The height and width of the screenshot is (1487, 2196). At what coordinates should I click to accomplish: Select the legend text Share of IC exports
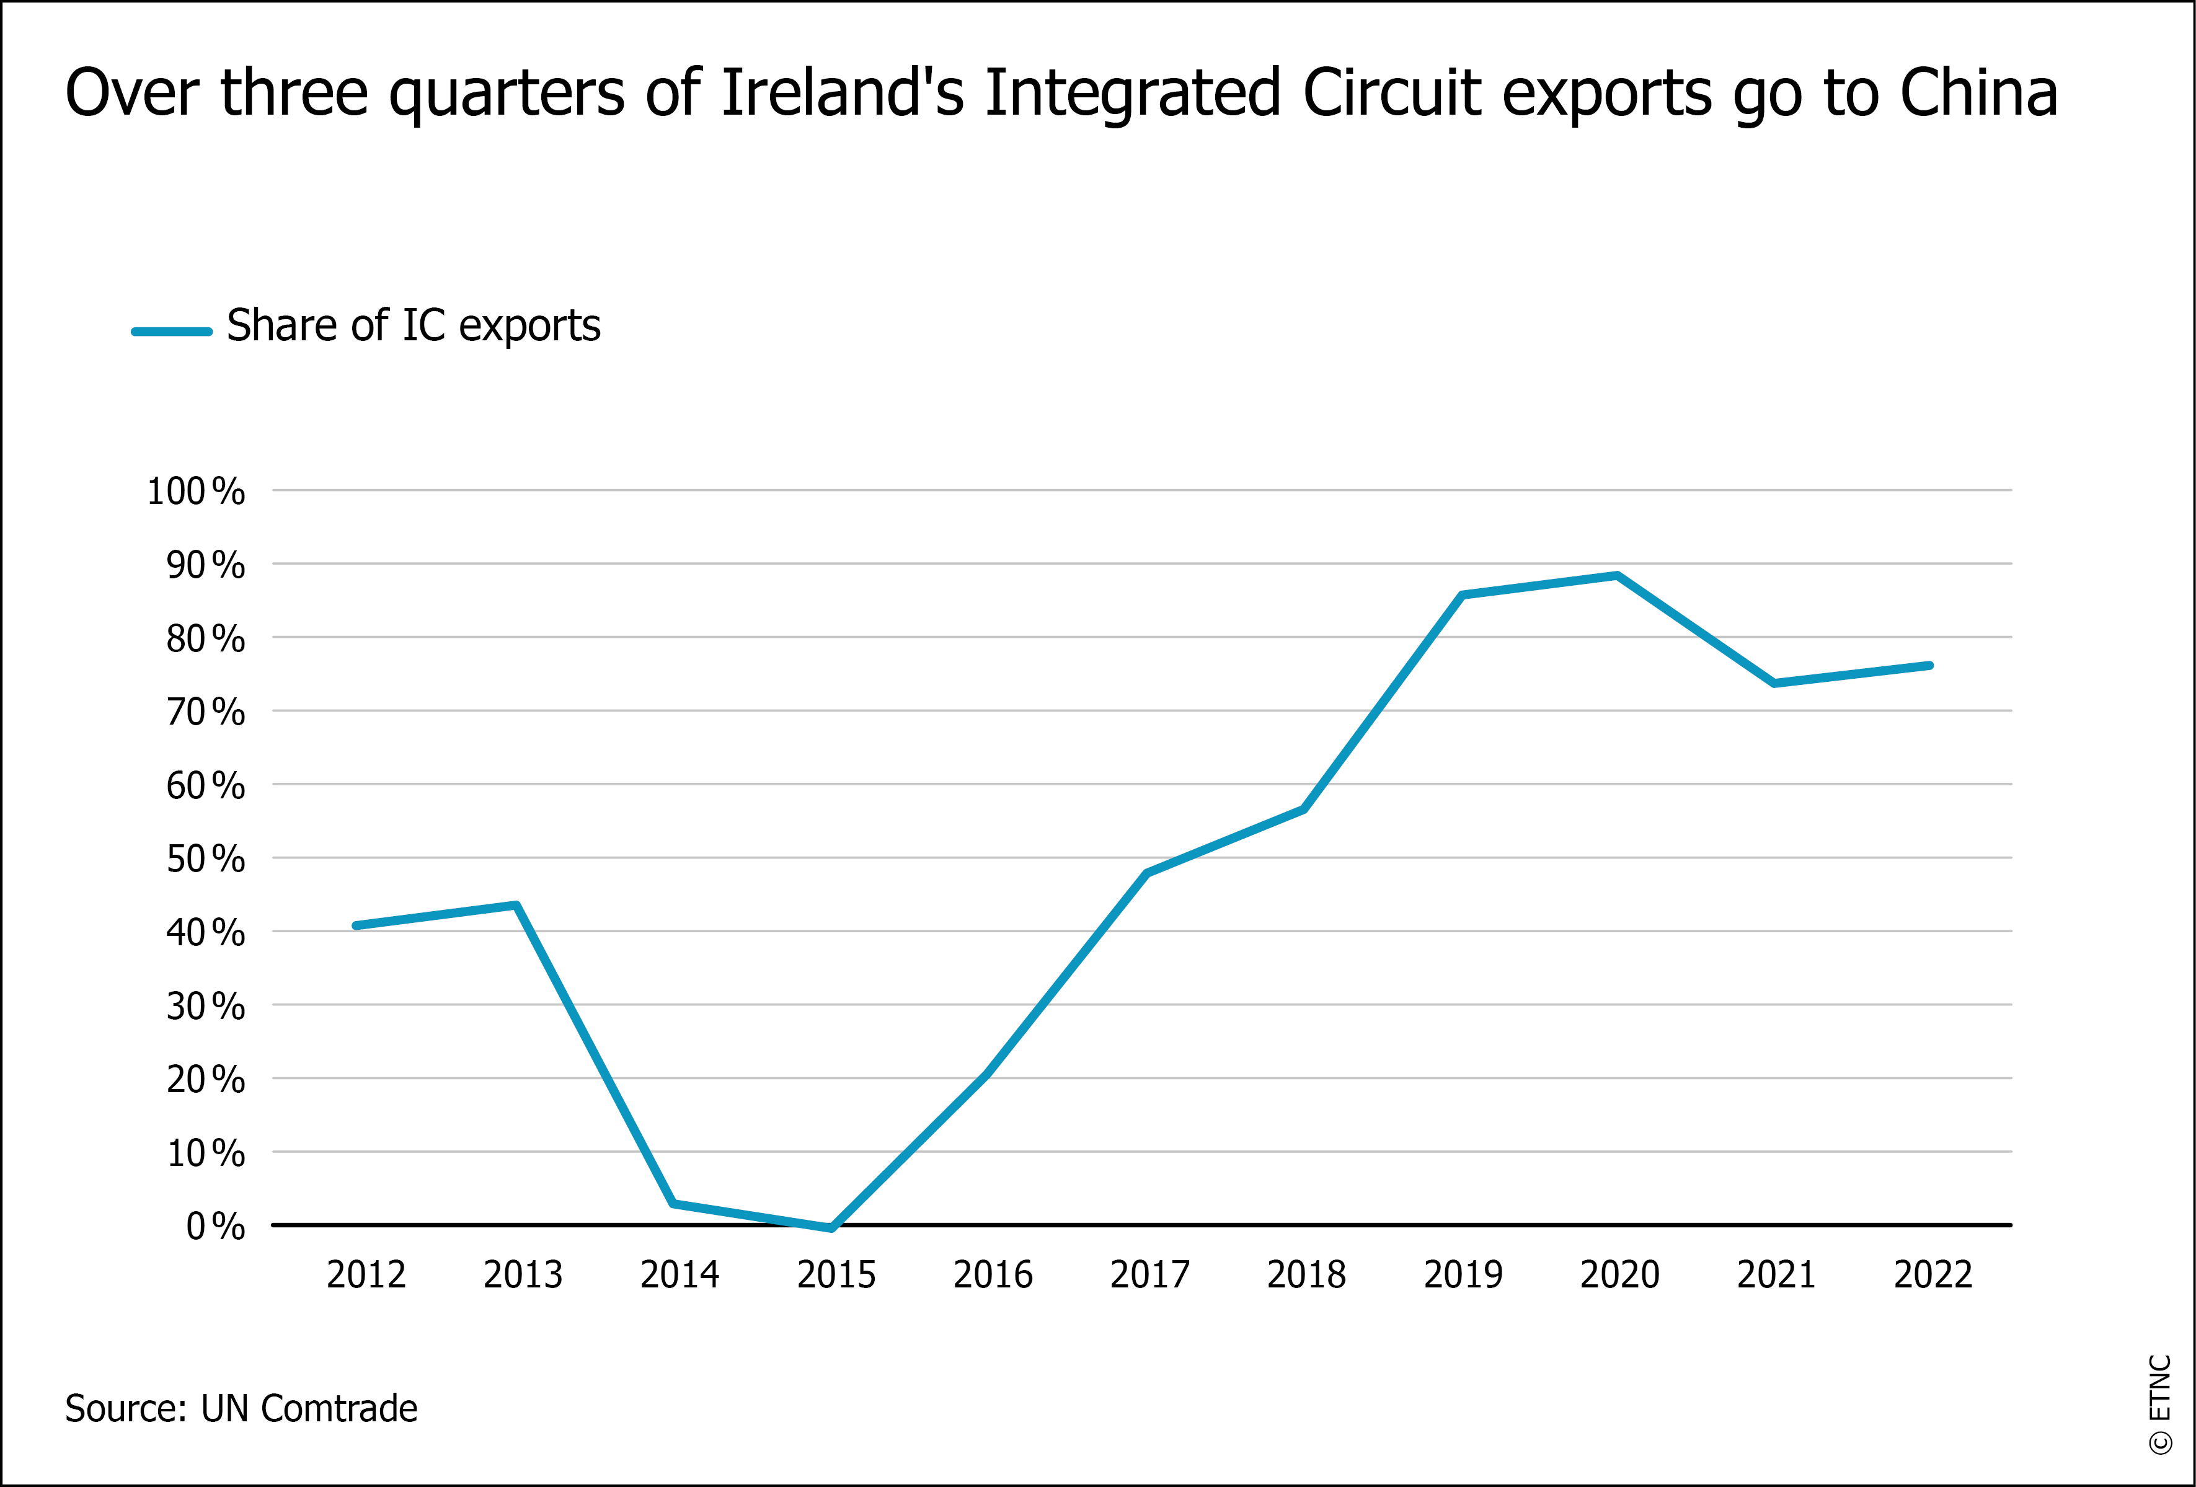[413, 326]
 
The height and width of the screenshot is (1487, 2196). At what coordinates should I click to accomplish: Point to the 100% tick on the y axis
[195, 492]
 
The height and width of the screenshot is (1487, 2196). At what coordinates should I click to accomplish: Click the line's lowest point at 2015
[831, 1228]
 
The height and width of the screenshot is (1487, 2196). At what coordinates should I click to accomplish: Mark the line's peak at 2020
[1617, 575]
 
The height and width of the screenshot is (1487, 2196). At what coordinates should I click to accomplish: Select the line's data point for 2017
[1147, 873]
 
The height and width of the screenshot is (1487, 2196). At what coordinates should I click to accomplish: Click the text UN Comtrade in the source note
[309, 1408]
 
